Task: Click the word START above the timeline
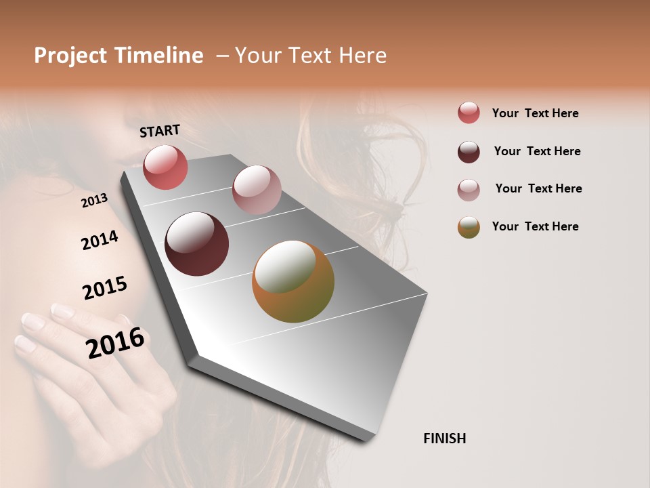pos(160,131)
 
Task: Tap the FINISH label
pos(444,439)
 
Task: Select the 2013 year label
pos(94,201)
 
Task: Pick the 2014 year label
pos(100,240)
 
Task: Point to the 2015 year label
pos(104,288)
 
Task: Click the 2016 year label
pos(115,343)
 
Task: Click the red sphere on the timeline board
pos(165,167)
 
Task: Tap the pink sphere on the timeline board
pos(257,190)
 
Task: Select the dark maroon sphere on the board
pos(196,244)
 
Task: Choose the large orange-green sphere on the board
pos(293,281)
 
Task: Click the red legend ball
pos(469,113)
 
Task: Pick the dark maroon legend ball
pos(469,152)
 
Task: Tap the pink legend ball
pos(469,190)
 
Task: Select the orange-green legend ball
pos(469,227)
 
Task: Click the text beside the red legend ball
pos(535,113)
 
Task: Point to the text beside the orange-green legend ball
pos(535,226)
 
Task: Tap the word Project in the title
pos(70,56)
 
